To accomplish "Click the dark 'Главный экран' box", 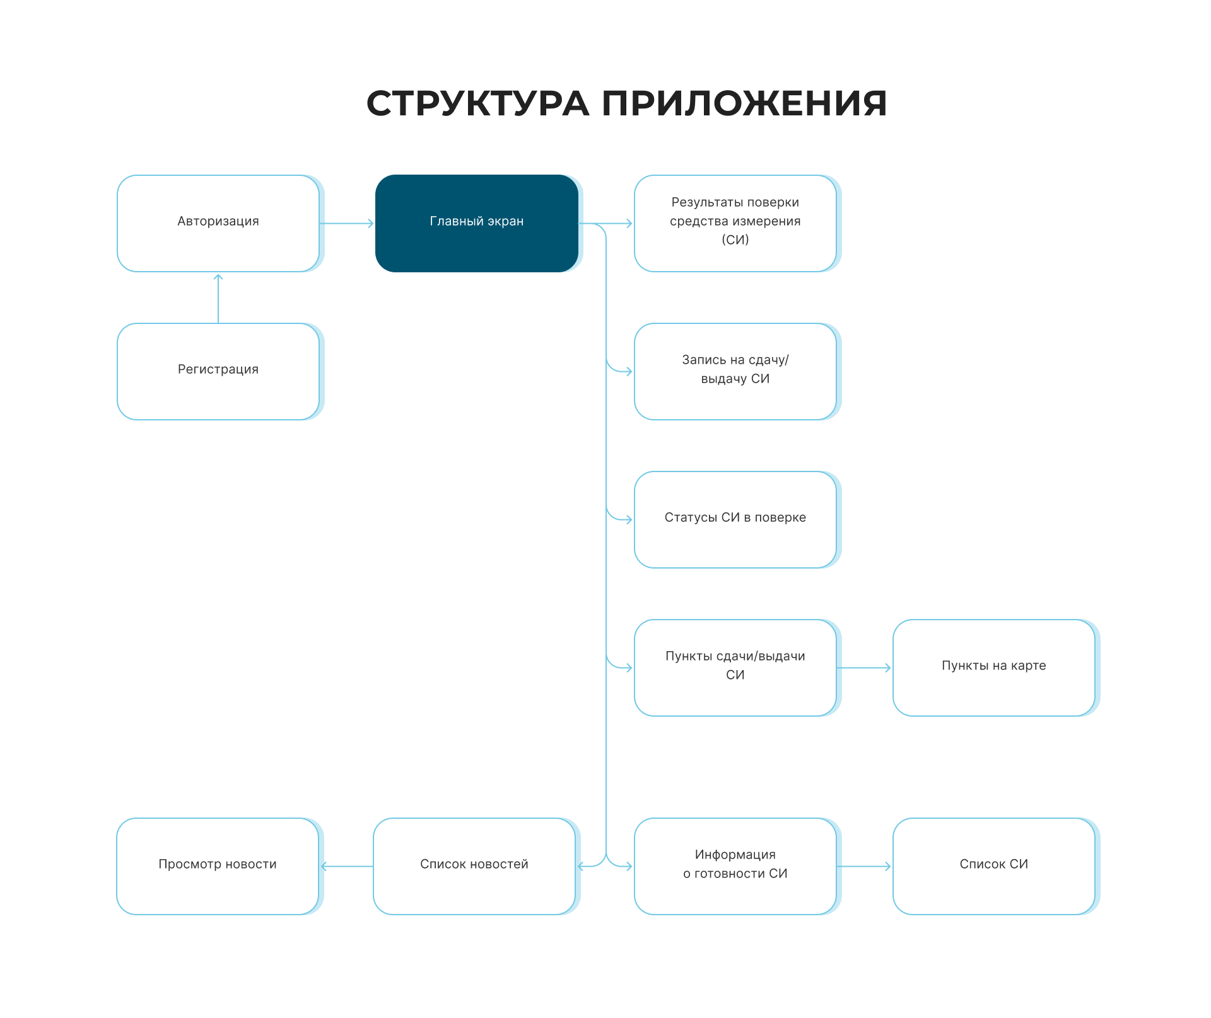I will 476,223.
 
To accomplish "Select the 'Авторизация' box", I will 218,223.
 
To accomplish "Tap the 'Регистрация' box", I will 218,371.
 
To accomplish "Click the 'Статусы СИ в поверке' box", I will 735,519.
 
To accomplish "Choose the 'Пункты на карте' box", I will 993,668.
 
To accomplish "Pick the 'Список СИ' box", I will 993,866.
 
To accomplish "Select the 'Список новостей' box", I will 474,866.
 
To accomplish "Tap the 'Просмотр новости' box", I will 217,866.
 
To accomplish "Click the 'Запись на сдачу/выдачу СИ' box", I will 735,371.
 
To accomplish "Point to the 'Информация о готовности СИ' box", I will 735,866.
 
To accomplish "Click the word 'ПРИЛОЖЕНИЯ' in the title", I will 744,103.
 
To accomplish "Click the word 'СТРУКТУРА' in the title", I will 477,103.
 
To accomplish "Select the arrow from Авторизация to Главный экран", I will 347,223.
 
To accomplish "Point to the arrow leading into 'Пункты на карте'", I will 864,668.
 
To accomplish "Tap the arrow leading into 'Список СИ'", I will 864,866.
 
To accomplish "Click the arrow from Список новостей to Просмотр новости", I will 347,866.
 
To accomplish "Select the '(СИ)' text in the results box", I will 735,240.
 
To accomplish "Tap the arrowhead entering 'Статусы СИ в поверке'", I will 628,519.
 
